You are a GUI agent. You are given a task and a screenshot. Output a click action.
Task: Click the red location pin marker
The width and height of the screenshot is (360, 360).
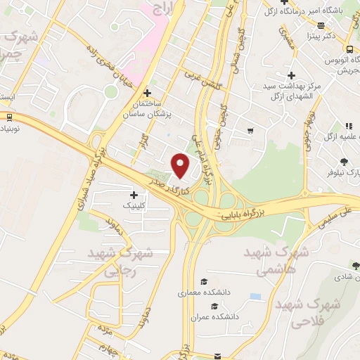[181, 166]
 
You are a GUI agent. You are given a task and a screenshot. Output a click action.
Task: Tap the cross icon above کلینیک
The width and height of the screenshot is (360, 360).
[134, 194]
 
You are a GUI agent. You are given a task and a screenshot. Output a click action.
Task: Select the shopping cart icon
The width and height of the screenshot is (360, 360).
[250, 131]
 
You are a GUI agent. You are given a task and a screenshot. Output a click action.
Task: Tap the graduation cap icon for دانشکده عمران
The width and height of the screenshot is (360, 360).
[214, 306]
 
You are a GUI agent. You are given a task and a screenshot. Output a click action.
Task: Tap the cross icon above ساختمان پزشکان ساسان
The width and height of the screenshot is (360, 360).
[147, 93]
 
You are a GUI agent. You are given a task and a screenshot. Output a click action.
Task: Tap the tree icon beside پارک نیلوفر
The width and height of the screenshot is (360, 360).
[343, 161]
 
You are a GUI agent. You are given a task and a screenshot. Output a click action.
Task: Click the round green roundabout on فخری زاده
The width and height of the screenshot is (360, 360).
[110, 91]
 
